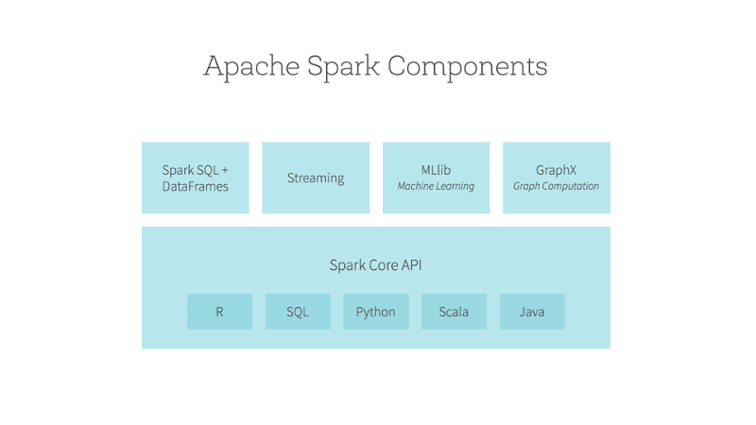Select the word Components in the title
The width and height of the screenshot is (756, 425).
(x=467, y=67)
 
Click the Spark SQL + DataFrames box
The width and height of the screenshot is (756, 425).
(x=196, y=178)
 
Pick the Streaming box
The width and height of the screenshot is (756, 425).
(x=316, y=178)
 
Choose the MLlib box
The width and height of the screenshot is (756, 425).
(x=436, y=178)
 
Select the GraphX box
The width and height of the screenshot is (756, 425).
(x=557, y=178)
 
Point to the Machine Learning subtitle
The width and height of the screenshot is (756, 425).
(x=436, y=187)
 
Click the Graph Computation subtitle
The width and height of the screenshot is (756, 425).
(x=557, y=187)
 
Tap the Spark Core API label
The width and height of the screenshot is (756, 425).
(x=375, y=265)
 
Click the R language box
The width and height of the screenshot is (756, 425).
(x=219, y=312)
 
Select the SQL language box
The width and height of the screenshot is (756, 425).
(x=298, y=312)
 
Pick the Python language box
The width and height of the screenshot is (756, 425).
(x=376, y=312)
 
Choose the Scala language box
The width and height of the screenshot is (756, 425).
(x=454, y=312)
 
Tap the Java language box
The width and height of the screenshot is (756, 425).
(x=532, y=312)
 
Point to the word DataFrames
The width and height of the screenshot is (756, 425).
(x=196, y=187)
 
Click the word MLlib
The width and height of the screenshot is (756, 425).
(x=436, y=170)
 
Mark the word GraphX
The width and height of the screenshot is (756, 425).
(x=557, y=170)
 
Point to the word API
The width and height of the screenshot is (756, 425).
(x=410, y=265)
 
